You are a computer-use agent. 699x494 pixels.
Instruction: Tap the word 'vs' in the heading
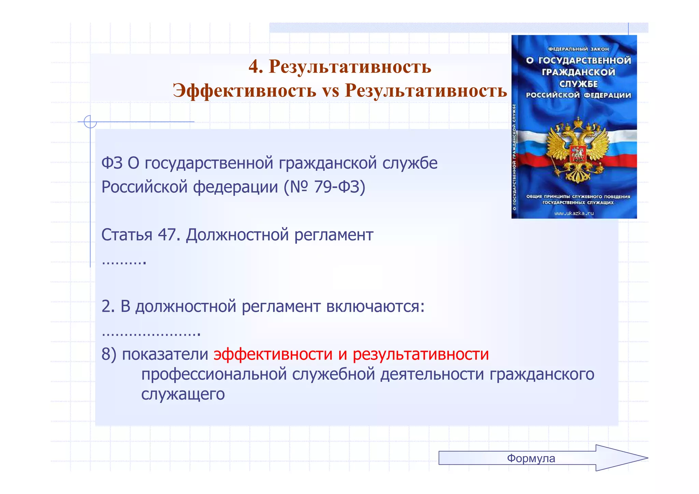(330, 91)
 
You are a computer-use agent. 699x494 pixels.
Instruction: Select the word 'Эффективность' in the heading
(244, 91)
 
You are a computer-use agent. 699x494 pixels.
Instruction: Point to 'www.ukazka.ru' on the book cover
(574, 213)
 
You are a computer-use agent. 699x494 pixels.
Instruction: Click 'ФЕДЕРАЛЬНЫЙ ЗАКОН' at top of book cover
(578, 49)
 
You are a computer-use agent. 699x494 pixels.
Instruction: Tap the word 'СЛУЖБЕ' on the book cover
(578, 84)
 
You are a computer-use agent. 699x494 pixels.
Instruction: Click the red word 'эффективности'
(273, 354)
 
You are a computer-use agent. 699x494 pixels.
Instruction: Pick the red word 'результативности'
(420, 354)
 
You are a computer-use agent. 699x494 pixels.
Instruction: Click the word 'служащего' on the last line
(183, 394)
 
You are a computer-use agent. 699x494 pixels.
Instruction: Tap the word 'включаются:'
(375, 306)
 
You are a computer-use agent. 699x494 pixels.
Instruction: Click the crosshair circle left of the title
(90, 122)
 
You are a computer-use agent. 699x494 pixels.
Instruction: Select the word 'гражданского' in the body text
(542, 374)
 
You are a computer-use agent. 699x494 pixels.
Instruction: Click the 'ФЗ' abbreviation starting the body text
(112, 163)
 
